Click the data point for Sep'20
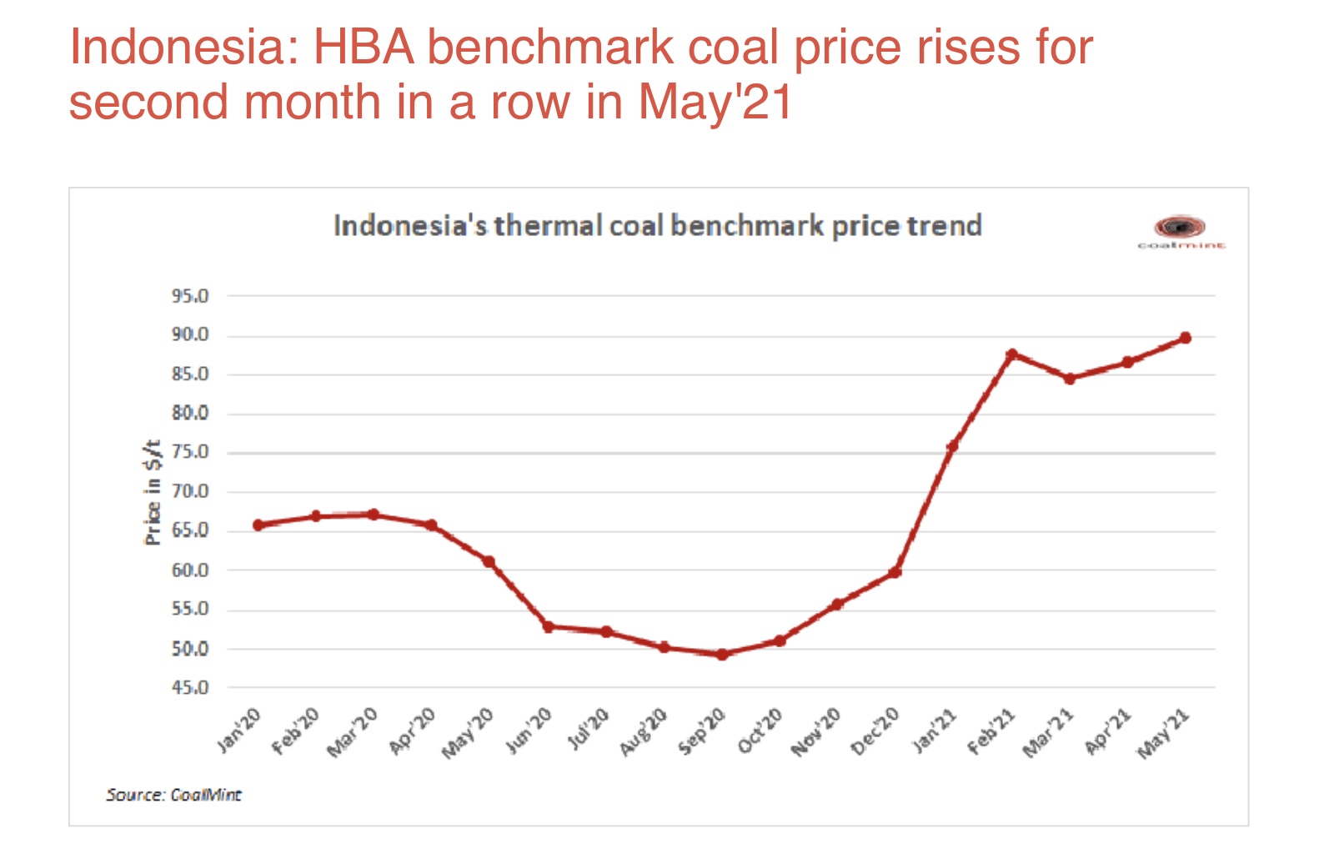pyautogui.click(x=722, y=655)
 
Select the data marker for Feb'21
pyautogui.click(x=1012, y=354)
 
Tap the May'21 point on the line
pyautogui.click(x=1185, y=338)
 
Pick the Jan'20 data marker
pyautogui.click(x=258, y=525)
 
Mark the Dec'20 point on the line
pyautogui.click(x=895, y=572)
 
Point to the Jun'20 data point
pyautogui.click(x=548, y=626)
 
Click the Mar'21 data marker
pyautogui.click(x=1070, y=379)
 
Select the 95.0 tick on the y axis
pyautogui.click(x=190, y=296)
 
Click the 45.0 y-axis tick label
pyautogui.click(x=190, y=688)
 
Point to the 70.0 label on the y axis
pyautogui.click(x=190, y=492)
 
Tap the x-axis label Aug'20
pyautogui.click(x=644, y=731)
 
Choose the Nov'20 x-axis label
pyautogui.click(x=816, y=731)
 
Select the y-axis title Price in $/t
pyautogui.click(x=153, y=492)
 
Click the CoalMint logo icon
pyautogui.click(x=1180, y=227)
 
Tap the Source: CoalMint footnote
pyautogui.click(x=173, y=795)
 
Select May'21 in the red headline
pyautogui.click(x=715, y=102)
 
